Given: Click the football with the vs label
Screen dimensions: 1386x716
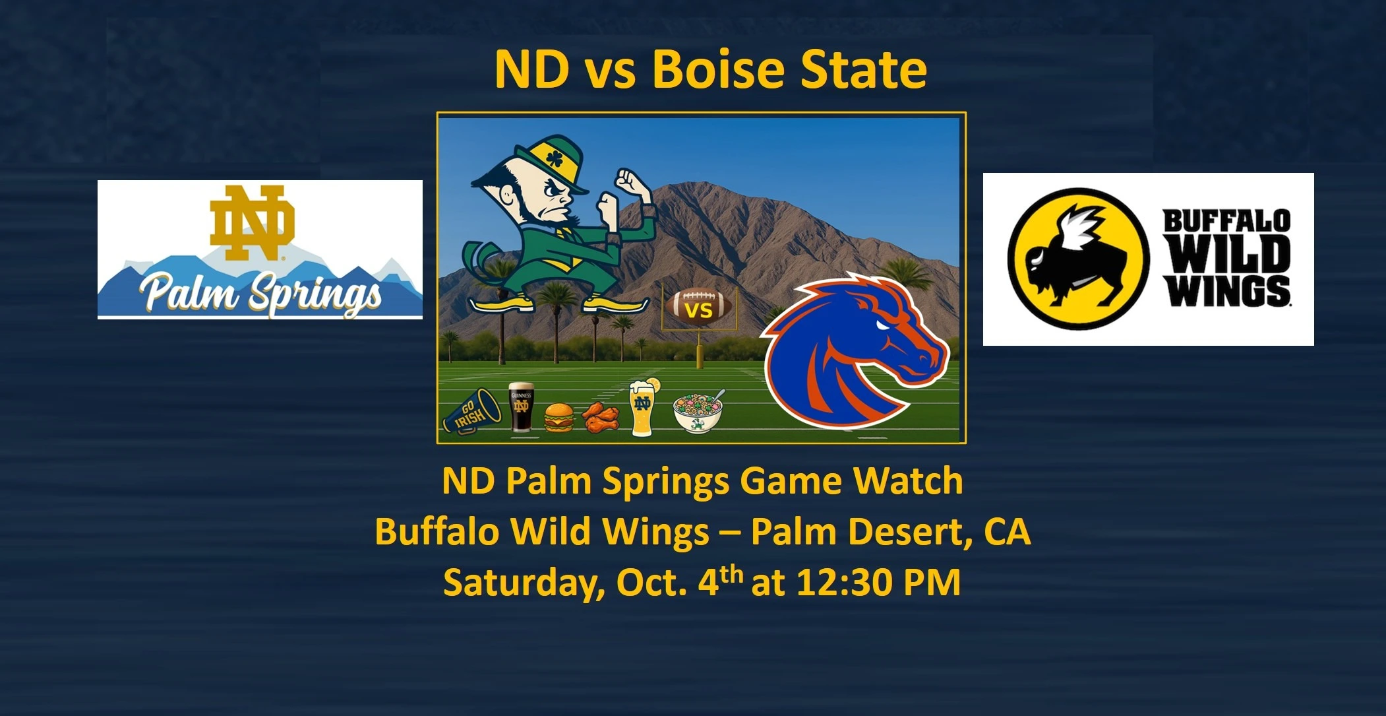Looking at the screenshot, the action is [699, 306].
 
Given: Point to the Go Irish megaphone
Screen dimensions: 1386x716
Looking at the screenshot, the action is [472, 411].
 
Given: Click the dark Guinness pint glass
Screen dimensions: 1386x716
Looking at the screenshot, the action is [521, 407].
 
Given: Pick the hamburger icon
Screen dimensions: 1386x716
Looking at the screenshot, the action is [559, 418].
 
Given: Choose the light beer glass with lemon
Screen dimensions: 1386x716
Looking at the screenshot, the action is [642, 407].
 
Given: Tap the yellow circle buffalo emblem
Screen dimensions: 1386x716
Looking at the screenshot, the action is [1078, 259].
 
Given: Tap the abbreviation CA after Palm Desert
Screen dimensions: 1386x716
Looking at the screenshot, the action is [1008, 531].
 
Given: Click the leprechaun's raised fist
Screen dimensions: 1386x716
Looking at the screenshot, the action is [628, 179].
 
